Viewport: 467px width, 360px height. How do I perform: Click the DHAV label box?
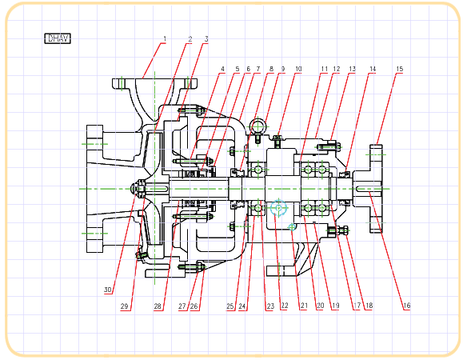(x=58, y=38)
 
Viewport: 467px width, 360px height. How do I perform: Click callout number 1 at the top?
(x=165, y=38)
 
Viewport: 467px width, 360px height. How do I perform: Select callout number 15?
(x=399, y=69)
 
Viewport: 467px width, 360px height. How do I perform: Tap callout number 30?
(x=107, y=290)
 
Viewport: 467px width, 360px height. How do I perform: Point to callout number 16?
(x=407, y=306)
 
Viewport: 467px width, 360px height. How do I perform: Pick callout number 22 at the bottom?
(x=285, y=306)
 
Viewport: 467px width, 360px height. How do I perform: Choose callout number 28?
(x=158, y=306)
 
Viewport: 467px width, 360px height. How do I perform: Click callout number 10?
(x=298, y=69)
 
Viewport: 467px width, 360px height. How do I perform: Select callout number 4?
(x=222, y=69)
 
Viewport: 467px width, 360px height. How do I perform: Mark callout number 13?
(x=352, y=69)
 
